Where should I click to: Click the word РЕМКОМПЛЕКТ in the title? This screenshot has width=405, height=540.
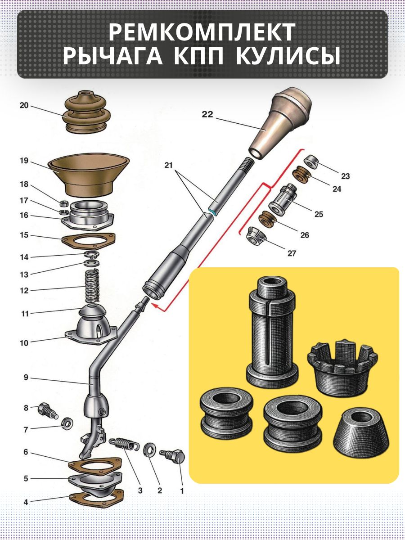(x=202, y=32)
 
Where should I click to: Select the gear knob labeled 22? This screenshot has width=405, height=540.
(x=280, y=122)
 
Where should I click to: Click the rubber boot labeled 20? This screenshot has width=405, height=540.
(x=86, y=112)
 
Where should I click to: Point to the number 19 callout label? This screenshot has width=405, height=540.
(x=24, y=161)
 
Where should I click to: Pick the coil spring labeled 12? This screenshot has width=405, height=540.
(x=92, y=286)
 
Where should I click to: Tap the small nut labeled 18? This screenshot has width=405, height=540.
(x=64, y=203)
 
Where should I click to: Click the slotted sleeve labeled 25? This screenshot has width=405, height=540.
(x=283, y=198)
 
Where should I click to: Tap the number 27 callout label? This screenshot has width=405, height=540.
(x=292, y=253)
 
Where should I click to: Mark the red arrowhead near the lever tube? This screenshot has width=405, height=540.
(x=155, y=306)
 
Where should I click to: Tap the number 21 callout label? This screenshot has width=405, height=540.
(x=169, y=165)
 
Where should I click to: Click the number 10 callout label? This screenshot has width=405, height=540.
(x=24, y=343)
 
